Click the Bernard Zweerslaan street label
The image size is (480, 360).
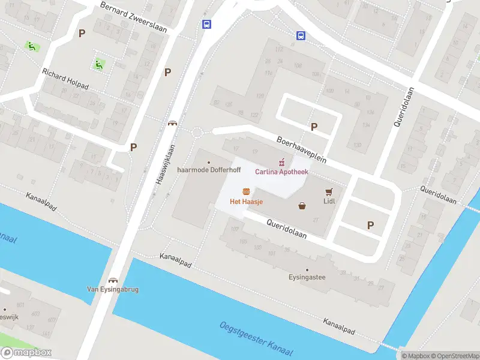(x=133, y=16)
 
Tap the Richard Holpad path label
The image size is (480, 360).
(x=65, y=79)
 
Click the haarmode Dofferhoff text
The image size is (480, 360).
(x=209, y=170)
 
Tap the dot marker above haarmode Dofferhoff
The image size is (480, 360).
(x=209, y=162)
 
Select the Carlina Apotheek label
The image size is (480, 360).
(x=281, y=172)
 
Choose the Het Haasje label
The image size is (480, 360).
(x=246, y=202)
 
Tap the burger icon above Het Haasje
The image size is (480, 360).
(x=246, y=191)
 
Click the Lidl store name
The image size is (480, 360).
(x=328, y=202)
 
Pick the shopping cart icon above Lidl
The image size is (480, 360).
(x=328, y=192)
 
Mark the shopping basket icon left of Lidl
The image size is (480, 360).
(x=302, y=206)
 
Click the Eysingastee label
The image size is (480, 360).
(x=307, y=278)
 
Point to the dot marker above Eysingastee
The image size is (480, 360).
(x=307, y=270)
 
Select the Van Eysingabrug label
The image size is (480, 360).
(x=113, y=289)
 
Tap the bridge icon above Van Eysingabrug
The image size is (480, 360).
(x=113, y=280)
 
